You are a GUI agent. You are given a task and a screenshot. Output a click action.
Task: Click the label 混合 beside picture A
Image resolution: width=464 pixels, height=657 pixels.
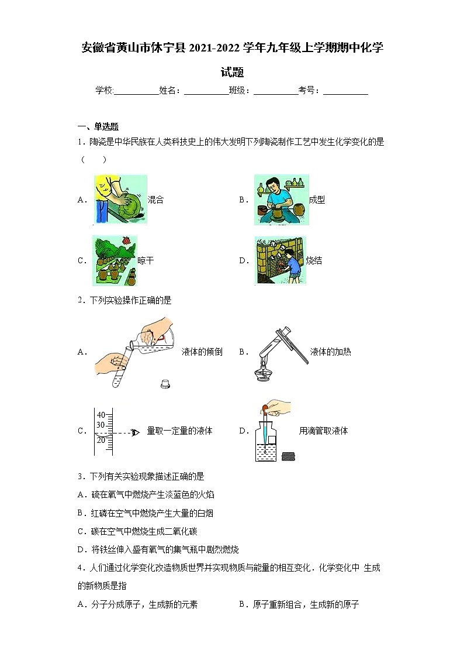click(155, 200)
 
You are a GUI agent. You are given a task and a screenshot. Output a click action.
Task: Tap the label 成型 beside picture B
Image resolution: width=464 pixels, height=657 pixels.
click(317, 200)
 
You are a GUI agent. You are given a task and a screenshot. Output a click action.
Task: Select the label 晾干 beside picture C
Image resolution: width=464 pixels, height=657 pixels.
click(146, 261)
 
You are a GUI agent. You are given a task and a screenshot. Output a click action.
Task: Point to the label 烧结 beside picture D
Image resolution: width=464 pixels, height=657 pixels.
click(314, 261)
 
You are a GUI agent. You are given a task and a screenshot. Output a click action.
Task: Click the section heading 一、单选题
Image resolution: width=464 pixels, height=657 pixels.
click(98, 126)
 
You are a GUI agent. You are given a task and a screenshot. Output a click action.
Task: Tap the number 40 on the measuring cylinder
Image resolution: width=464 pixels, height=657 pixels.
click(101, 415)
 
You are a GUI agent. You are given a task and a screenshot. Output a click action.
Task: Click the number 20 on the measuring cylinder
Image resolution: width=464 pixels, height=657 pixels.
click(101, 440)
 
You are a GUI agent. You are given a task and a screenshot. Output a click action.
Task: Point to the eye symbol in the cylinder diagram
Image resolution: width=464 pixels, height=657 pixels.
click(136, 432)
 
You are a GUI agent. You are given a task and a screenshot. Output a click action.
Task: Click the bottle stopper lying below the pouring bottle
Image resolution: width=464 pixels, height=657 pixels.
click(165, 384)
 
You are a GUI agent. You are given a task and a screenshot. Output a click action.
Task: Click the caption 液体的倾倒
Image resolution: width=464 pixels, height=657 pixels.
click(202, 352)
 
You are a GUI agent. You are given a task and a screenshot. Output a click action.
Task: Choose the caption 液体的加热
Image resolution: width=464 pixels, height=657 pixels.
click(331, 352)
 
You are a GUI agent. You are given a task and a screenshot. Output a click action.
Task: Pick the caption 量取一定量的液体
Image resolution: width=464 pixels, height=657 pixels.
click(179, 431)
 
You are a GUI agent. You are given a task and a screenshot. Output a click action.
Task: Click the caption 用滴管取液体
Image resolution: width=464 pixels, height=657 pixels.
click(323, 431)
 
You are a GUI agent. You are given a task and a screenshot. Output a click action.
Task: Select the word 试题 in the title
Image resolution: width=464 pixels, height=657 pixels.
click(232, 73)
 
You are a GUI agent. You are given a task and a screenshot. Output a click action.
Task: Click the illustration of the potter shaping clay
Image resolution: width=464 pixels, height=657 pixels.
click(281, 199)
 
